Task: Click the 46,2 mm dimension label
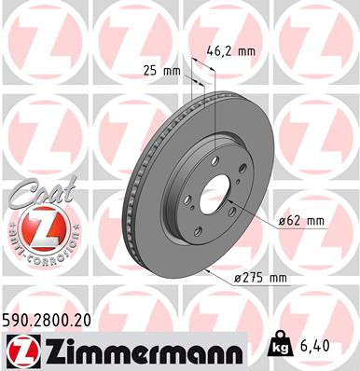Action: [x=231, y=53]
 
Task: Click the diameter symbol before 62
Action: [x=280, y=221]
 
